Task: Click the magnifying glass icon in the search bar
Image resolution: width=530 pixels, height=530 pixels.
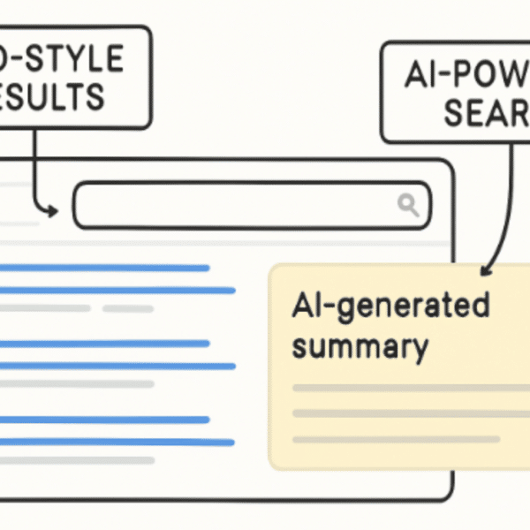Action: point(408,205)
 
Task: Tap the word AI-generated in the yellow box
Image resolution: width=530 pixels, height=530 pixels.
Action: point(390,306)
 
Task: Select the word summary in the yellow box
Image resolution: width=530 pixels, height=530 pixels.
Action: point(360,346)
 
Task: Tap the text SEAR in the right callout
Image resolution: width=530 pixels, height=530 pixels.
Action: point(486,113)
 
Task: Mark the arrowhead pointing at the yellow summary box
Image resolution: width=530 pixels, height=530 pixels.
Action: point(485,268)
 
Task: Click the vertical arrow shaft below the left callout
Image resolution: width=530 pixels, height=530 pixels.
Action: point(33,168)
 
